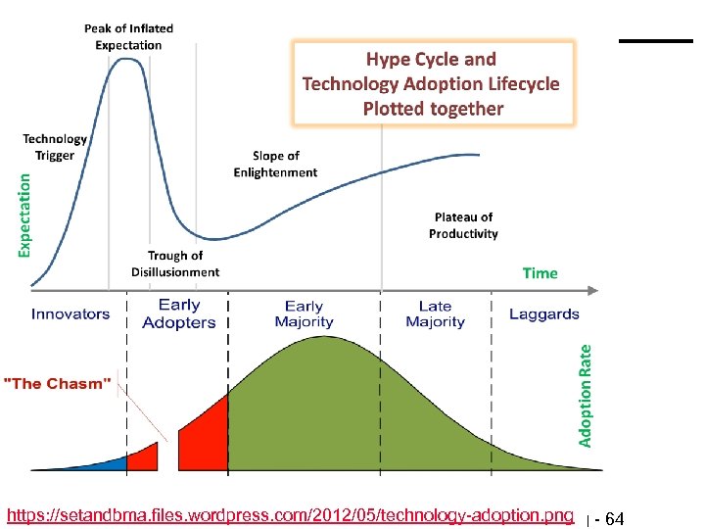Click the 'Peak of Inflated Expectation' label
coord(128,37)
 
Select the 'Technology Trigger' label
coord(55,147)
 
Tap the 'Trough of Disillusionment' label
coord(175,264)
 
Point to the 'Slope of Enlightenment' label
coord(275,164)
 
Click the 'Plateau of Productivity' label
coord(463,225)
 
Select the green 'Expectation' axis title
coord(24,216)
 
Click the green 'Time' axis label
coord(540,273)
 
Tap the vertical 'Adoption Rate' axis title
coord(586,395)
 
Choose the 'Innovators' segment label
coord(70,313)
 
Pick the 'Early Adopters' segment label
coord(179,313)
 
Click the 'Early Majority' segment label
coord(304,313)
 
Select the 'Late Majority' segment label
coord(435,313)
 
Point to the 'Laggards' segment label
coord(544,313)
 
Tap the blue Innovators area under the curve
coord(108,462)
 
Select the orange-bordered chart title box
coord(433,83)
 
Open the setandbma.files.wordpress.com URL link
coord(290,515)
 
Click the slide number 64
coord(614,518)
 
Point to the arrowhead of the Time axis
coord(594,290)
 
